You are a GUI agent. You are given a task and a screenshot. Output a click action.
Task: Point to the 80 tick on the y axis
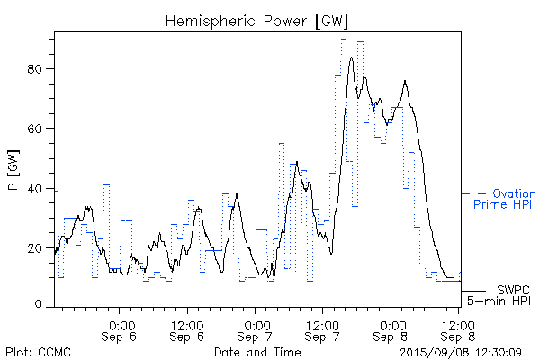[x=40, y=69]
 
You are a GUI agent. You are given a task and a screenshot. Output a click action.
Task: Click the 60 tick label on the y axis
[x=40, y=129]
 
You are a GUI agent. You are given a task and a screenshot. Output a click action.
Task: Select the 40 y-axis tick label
[x=40, y=188]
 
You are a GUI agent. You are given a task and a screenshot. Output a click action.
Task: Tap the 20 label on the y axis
[x=40, y=247]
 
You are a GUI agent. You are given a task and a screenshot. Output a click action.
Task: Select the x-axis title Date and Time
[x=256, y=352]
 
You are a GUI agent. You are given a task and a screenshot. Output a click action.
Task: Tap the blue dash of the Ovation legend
[x=481, y=193]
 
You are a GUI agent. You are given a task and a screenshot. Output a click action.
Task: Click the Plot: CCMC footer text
[x=37, y=352]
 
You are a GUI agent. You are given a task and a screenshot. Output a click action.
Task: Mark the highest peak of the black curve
[x=351, y=58]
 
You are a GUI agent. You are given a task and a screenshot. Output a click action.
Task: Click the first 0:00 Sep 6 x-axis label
[x=121, y=330]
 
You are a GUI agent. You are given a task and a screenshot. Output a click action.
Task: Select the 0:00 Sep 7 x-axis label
[x=256, y=330]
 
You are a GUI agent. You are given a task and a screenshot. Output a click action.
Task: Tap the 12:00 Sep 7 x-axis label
[x=321, y=330]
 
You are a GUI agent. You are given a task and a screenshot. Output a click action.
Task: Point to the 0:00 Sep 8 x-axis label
[x=391, y=330]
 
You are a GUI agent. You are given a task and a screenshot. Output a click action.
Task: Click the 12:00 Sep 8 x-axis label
[x=456, y=330]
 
